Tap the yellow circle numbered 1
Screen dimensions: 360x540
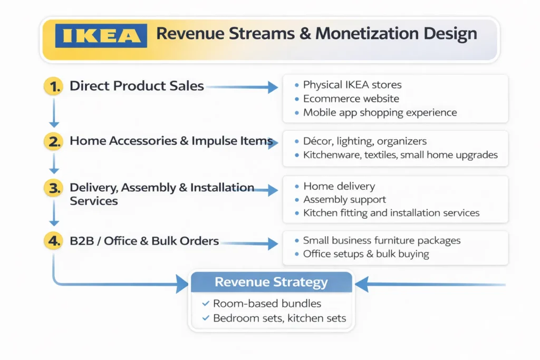(x=53, y=86)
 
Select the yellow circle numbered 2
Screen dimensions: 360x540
(x=53, y=141)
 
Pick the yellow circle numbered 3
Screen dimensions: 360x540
(x=53, y=188)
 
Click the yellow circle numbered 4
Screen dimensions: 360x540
(x=53, y=241)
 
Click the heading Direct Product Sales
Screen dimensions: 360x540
(x=137, y=86)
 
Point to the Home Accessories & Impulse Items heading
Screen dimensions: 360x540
(x=171, y=141)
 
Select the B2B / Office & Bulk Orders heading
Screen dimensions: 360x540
(x=144, y=241)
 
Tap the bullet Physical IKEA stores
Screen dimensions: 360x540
(x=352, y=85)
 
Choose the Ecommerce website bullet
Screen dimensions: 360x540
(x=351, y=99)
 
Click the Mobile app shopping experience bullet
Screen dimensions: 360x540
(x=380, y=112)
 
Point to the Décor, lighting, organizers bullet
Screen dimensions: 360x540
(x=364, y=141)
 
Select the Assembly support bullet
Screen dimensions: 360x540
(x=344, y=200)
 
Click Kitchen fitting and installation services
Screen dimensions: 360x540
(x=391, y=213)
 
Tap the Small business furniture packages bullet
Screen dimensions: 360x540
(x=381, y=240)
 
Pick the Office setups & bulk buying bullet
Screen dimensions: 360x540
(x=366, y=254)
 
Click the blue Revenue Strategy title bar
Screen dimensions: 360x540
(x=271, y=282)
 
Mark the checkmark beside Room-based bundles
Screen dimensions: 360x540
(x=206, y=304)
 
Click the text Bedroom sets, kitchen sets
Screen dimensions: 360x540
(x=279, y=318)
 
